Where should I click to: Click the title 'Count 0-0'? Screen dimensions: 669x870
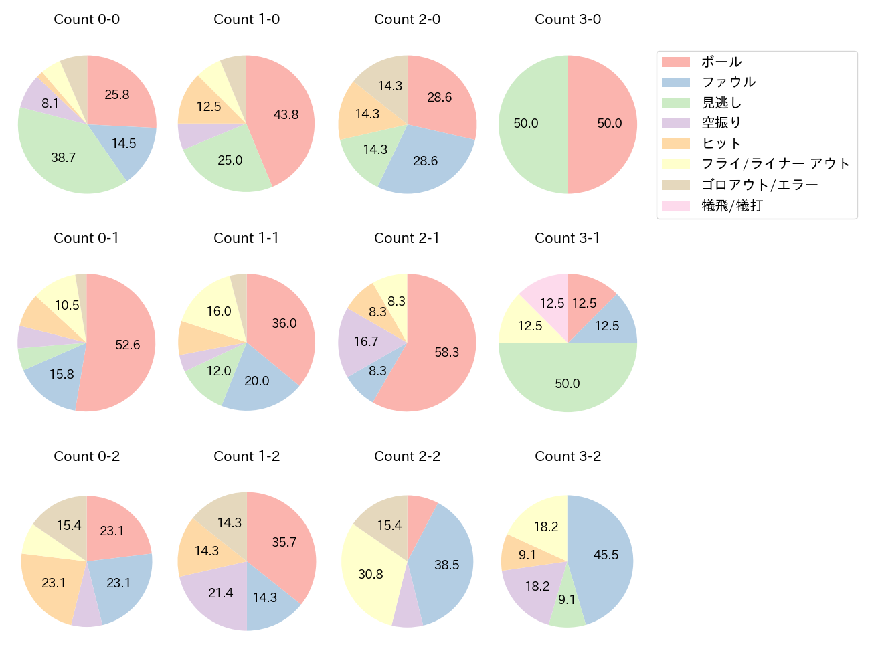86,19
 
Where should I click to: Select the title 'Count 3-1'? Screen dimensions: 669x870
567,238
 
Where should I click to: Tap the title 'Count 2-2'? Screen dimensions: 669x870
407,456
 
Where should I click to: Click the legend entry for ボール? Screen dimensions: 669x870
721,62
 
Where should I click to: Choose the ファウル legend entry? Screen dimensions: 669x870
728,82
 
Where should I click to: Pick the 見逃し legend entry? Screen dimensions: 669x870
721,103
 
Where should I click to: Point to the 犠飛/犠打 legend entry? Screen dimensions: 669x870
731,205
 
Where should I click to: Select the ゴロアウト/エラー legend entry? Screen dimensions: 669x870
759,185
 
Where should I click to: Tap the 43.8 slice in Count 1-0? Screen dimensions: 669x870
286,114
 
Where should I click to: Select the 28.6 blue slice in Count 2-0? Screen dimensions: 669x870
426,161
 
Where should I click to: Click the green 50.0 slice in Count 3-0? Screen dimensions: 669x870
526,124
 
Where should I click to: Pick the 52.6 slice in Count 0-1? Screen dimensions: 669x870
127,345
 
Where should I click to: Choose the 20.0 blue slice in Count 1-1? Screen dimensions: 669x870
256,381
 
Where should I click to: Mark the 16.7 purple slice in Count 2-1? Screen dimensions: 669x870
366,342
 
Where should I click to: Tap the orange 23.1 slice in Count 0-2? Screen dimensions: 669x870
54,583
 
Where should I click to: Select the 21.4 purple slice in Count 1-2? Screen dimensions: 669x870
221,593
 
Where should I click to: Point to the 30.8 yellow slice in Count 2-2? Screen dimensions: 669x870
370,574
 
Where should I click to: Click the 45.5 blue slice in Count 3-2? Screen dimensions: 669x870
606,555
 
